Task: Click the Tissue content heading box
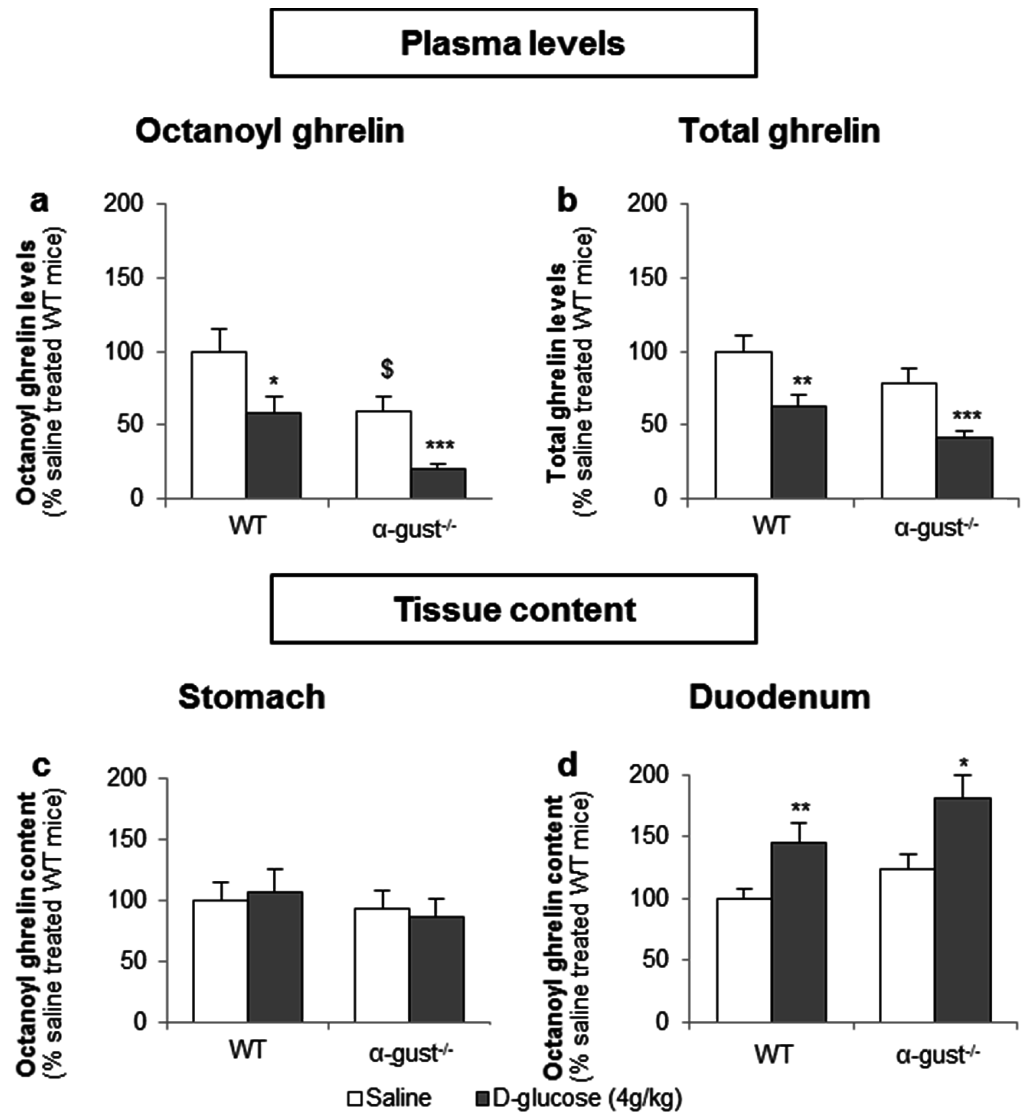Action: pos(513,609)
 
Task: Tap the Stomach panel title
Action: pos(252,697)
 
